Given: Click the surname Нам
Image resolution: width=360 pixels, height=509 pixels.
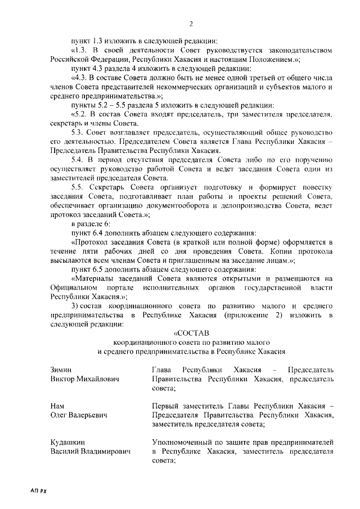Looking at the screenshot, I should tap(57, 406).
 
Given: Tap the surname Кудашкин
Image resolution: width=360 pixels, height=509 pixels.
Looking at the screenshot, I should tap(70, 442).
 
